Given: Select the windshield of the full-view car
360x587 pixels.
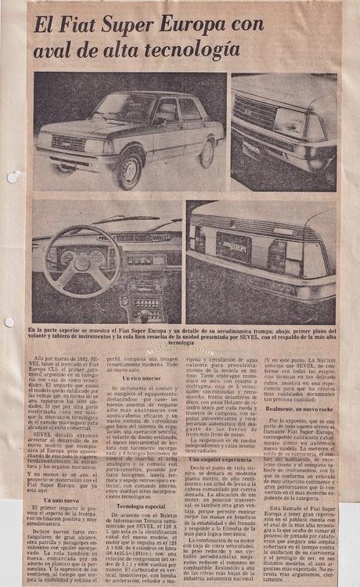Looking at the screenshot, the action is coord(122,106).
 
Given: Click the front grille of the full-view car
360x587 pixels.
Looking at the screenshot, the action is coord(69,142).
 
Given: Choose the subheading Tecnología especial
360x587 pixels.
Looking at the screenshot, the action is coord(141,484).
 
